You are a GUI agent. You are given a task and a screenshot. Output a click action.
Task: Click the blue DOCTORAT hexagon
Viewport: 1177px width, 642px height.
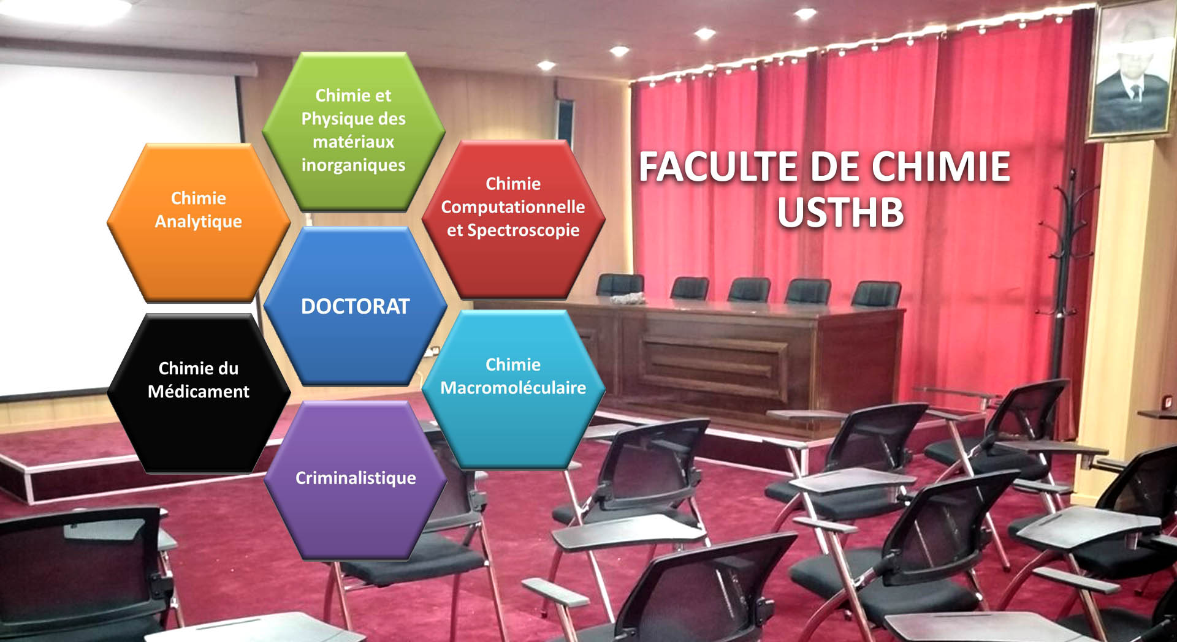click(x=355, y=306)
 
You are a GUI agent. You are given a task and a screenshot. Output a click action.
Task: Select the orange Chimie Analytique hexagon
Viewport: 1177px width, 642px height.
click(x=198, y=223)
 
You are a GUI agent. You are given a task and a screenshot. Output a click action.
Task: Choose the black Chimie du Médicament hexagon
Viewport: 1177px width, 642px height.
click(x=198, y=393)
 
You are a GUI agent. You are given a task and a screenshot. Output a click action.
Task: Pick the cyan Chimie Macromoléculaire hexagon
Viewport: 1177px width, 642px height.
click(x=513, y=390)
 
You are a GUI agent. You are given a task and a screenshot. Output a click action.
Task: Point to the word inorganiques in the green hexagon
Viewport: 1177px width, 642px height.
click(x=353, y=165)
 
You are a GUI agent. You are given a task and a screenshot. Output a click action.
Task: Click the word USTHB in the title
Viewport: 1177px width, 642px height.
click(x=840, y=212)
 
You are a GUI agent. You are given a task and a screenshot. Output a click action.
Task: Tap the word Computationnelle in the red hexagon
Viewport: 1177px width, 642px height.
click(x=513, y=207)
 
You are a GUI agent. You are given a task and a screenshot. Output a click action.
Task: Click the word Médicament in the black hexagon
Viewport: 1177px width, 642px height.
click(x=198, y=391)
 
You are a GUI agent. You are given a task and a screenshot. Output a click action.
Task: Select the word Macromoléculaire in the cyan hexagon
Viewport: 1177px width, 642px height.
click(x=513, y=388)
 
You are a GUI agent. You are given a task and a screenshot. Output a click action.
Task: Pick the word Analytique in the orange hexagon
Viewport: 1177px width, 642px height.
click(x=198, y=222)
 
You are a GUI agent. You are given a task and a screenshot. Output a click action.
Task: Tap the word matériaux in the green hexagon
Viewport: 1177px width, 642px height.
click(x=353, y=142)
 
